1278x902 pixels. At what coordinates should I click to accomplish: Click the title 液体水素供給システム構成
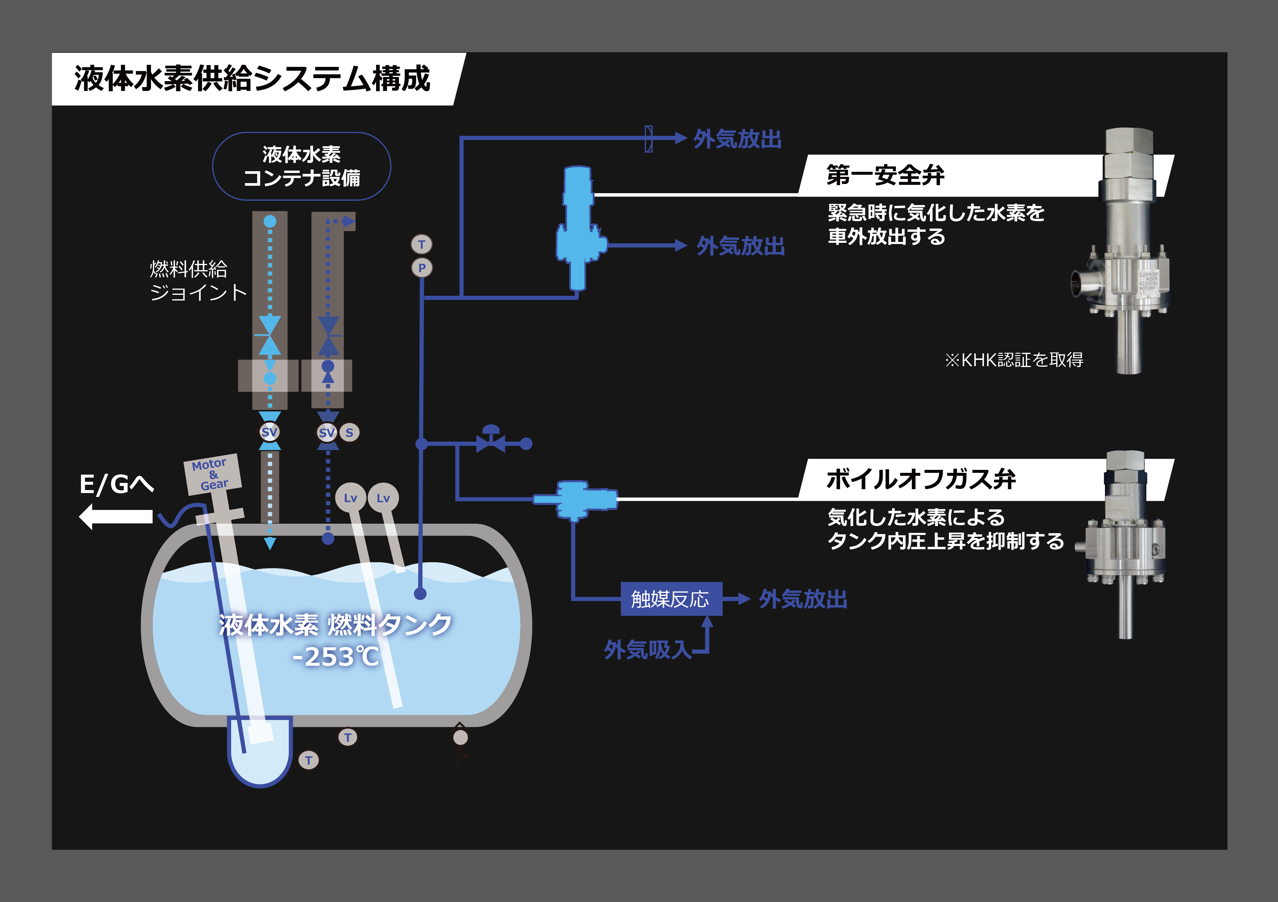[252, 78]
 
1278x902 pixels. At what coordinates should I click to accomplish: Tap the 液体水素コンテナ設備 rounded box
[302, 166]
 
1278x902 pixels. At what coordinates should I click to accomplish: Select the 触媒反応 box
[671, 599]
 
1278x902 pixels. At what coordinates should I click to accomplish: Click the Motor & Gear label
[213, 474]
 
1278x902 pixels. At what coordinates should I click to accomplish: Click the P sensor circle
[422, 268]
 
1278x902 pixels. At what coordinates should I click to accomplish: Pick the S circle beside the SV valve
[350, 432]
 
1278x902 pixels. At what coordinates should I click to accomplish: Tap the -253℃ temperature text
[336, 657]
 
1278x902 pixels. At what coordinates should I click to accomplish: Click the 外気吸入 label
[648, 649]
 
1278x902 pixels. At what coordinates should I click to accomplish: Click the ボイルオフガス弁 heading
[921, 479]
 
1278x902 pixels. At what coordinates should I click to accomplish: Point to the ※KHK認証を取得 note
[1014, 360]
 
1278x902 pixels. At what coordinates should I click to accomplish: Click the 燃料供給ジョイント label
[198, 281]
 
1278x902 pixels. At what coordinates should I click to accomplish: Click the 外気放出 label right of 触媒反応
[803, 599]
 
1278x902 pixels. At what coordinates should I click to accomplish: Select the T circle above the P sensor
[422, 244]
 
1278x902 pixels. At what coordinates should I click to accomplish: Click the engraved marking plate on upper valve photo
[1148, 284]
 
